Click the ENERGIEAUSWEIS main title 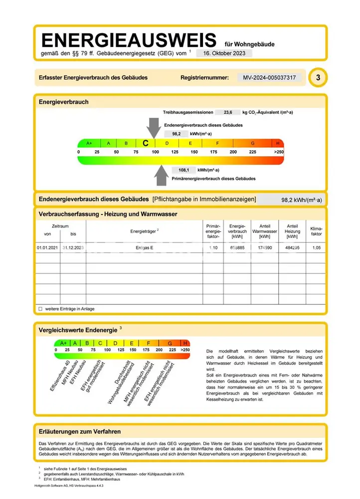coord(129,40)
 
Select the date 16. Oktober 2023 coord(224,53)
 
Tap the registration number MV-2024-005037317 coord(269,78)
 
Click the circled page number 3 coord(318,78)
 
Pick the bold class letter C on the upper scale coord(146,143)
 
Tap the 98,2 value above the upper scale coord(176,134)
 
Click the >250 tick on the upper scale coord(279,152)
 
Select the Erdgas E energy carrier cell coord(145,248)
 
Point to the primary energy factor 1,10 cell coord(213,248)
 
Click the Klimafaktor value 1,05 coord(316,248)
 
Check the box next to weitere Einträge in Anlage coord(40,309)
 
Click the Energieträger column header coord(145,231)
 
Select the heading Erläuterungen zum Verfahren coord(80,431)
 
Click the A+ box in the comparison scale coord(63,343)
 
